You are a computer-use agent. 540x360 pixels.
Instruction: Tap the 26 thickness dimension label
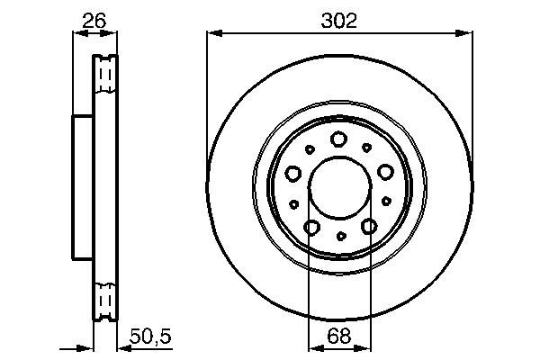click(x=93, y=18)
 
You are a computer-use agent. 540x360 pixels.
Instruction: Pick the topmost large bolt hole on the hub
click(x=339, y=139)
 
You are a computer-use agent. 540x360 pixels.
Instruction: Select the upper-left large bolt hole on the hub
click(x=292, y=173)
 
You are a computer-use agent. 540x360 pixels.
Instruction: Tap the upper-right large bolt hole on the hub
click(x=386, y=172)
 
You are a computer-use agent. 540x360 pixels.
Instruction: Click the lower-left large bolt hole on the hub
click(x=310, y=228)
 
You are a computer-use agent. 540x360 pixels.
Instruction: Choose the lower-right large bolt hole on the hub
click(x=368, y=228)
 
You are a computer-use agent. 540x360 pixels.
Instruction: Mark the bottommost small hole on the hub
click(x=340, y=237)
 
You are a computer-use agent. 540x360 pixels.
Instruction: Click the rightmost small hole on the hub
click(x=386, y=203)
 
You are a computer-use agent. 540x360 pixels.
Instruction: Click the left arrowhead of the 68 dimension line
click(x=313, y=347)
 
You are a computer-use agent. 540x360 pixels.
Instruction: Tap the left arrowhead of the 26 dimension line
click(x=76, y=33)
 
